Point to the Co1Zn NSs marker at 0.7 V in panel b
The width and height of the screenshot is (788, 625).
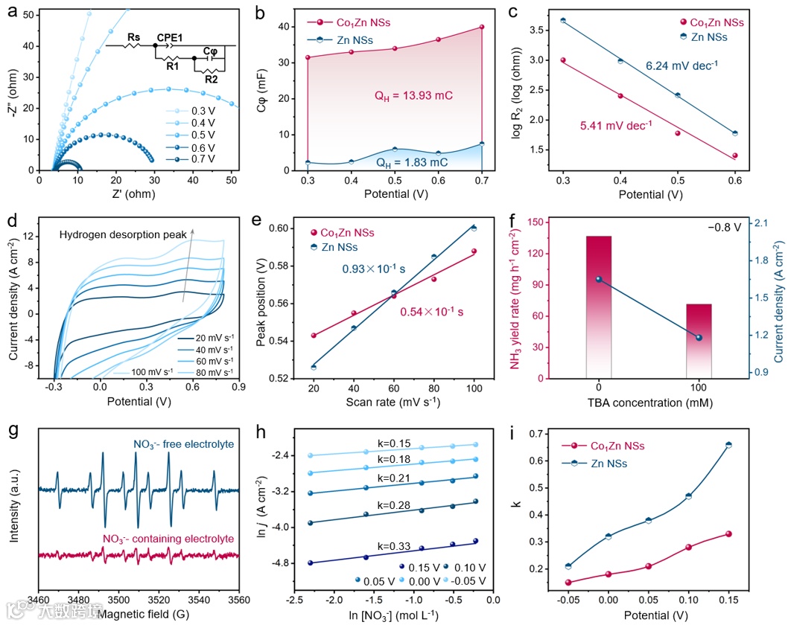(482, 27)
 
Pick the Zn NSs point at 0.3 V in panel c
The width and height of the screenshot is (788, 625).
(563, 20)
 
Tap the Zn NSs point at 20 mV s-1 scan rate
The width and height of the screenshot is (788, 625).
(313, 367)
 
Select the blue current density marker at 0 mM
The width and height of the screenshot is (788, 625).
(599, 279)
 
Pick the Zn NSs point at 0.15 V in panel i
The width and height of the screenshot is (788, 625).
(728, 445)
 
